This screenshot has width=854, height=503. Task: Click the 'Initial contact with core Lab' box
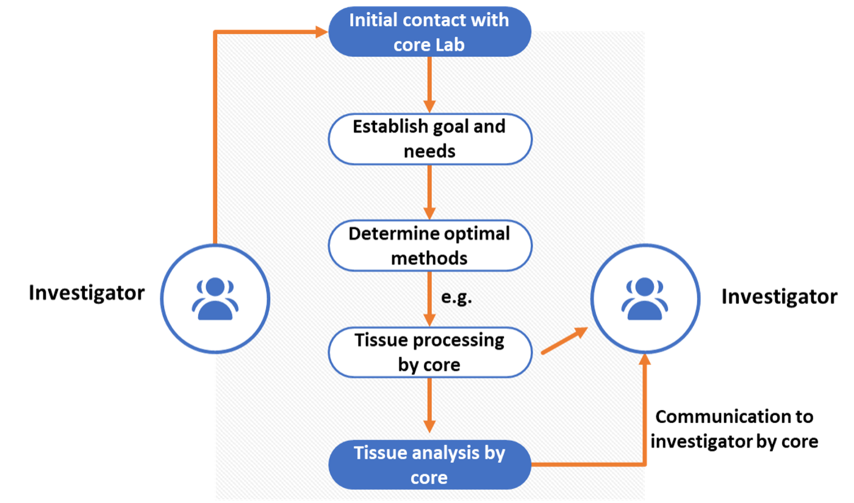(430, 32)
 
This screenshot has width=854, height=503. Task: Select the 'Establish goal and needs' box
(430, 139)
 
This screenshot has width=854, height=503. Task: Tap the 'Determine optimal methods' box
(430, 245)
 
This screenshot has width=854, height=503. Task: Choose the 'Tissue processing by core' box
(430, 352)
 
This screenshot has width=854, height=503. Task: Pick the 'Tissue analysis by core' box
(430, 465)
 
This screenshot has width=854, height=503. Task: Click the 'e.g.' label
(457, 299)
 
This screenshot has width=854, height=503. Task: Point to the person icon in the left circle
(215, 299)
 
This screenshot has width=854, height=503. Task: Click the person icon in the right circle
(645, 299)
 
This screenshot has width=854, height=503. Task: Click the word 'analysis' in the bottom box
(443, 453)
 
